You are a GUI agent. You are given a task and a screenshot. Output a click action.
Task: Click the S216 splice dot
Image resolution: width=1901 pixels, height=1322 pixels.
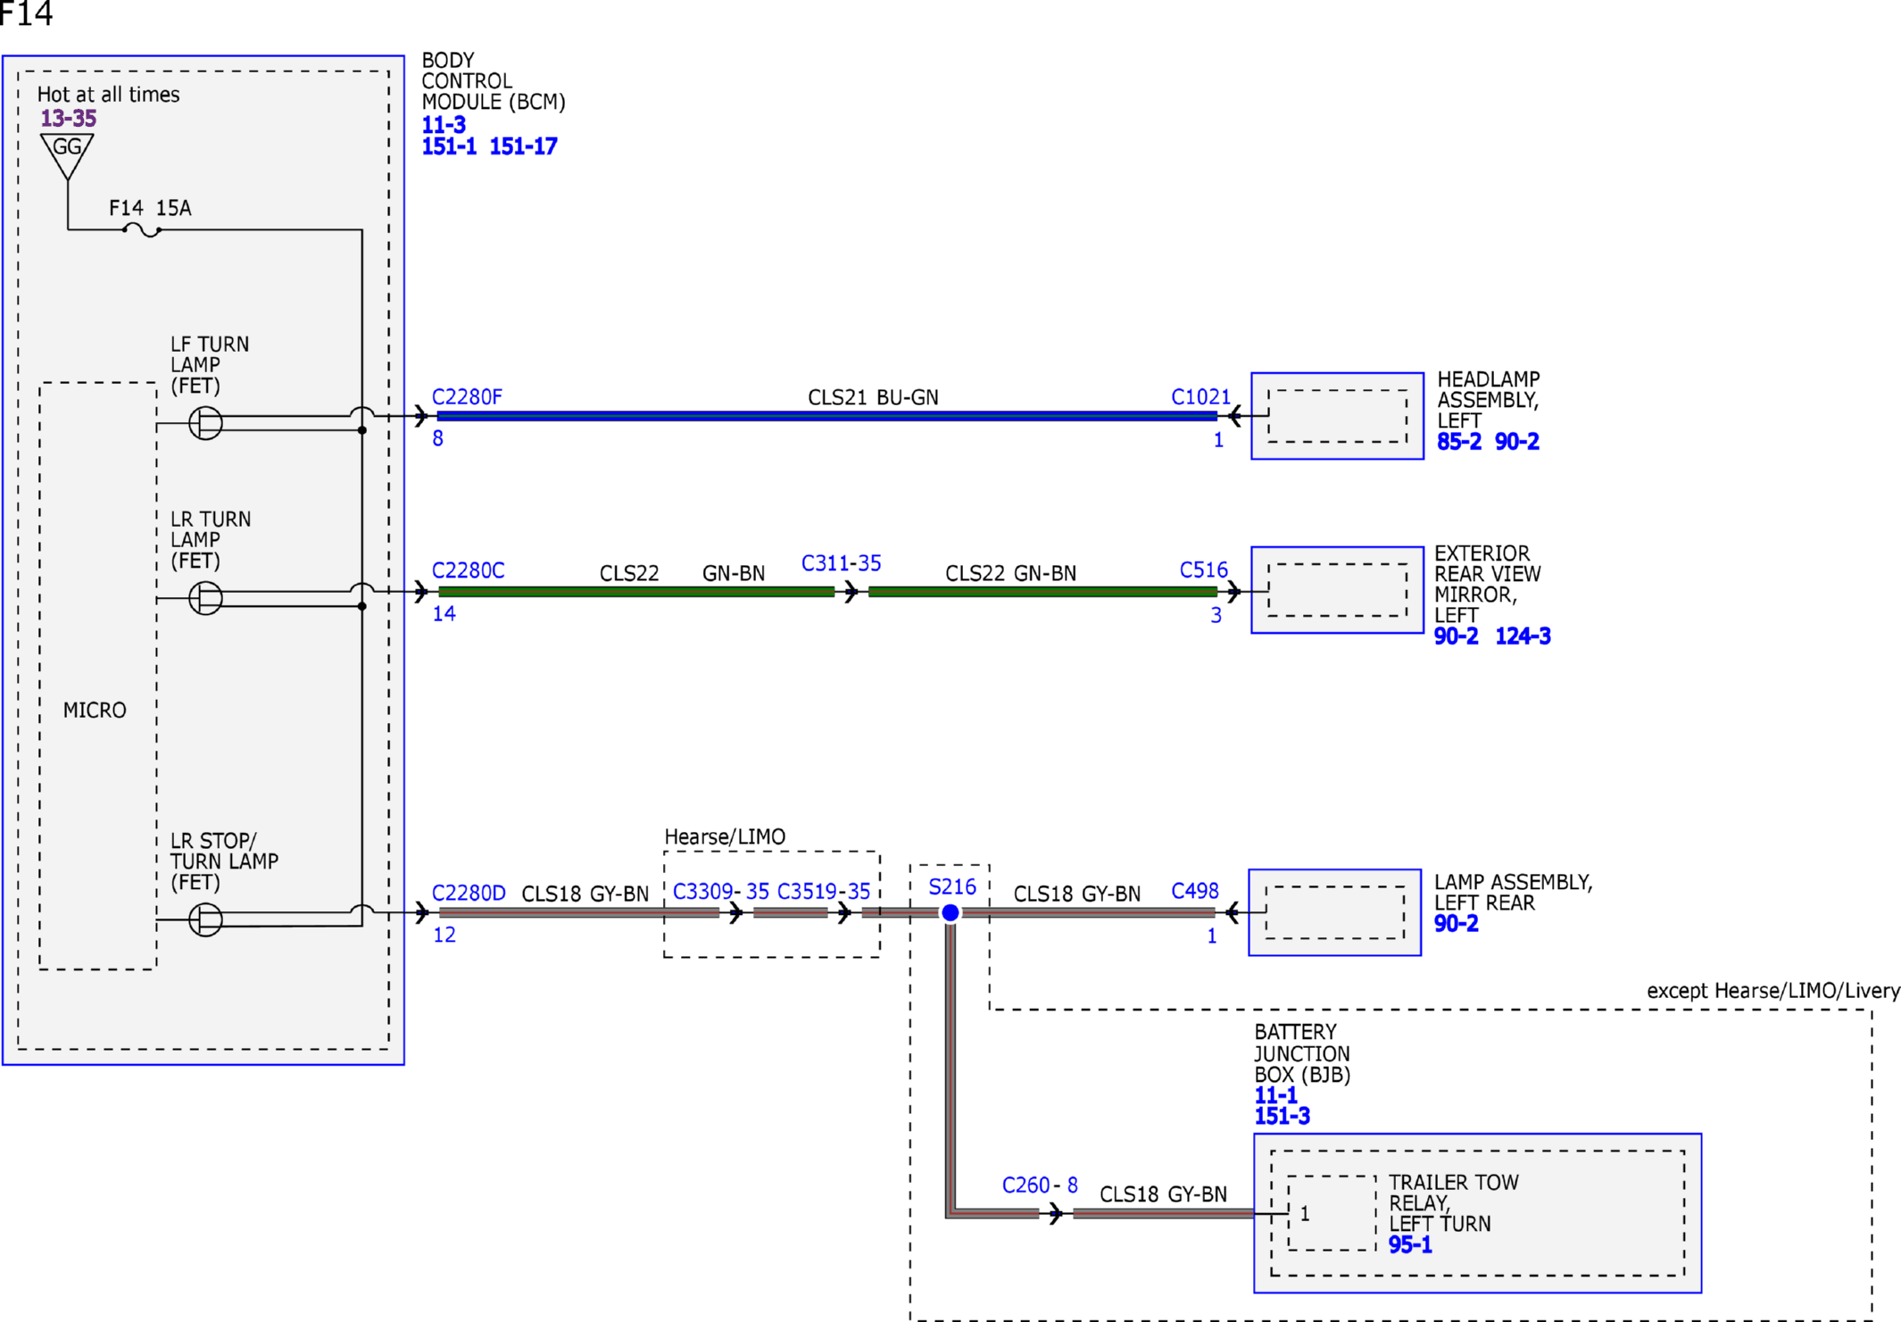pyautogui.click(x=950, y=912)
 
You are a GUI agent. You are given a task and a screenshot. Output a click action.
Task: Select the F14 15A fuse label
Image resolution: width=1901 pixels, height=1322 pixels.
pyautogui.click(x=150, y=208)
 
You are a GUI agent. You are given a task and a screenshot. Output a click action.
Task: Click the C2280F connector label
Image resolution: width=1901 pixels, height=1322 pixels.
pyautogui.click(x=467, y=396)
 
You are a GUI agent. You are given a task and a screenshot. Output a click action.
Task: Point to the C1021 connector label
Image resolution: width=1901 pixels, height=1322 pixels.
pyautogui.click(x=1200, y=396)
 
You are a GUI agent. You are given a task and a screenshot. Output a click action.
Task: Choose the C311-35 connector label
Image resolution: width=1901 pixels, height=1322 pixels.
pyautogui.click(x=841, y=563)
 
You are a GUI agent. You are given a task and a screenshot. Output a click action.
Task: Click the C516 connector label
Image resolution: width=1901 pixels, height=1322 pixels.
pyautogui.click(x=1203, y=570)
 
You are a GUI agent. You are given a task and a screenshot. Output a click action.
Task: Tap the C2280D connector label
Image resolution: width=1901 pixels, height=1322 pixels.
pyautogui.click(x=469, y=893)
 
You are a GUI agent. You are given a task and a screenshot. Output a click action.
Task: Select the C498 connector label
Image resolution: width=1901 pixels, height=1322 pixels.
pyautogui.click(x=1194, y=891)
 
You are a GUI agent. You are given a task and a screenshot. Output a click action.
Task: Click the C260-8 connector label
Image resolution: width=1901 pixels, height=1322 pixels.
pyautogui.click(x=1040, y=1185)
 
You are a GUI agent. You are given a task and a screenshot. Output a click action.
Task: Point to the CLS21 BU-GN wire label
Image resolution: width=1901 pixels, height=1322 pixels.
pyautogui.click(x=873, y=397)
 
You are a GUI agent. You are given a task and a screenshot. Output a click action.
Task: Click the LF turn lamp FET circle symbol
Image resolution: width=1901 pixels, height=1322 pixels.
pyautogui.click(x=205, y=422)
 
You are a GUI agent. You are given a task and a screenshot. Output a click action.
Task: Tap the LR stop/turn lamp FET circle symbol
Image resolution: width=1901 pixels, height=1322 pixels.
pyautogui.click(x=205, y=919)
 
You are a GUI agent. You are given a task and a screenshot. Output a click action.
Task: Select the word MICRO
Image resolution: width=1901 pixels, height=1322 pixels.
pyautogui.click(x=95, y=710)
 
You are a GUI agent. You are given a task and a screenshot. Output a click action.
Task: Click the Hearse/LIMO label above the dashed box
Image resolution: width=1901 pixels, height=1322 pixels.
pyautogui.click(x=725, y=836)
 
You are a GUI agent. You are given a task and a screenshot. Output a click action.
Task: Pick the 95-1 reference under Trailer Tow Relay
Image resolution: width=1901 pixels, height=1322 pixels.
pyautogui.click(x=1410, y=1244)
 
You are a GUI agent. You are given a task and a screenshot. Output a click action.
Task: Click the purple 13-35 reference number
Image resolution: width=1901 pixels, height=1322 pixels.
pyautogui.click(x=69, y=118)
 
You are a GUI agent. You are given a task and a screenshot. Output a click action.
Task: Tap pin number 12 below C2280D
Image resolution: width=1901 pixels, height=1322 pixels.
pyautogui.click(x=444, y=935)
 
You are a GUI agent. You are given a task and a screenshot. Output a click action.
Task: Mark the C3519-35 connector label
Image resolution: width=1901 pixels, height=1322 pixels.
pyautogui.click(x=824, y=891)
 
